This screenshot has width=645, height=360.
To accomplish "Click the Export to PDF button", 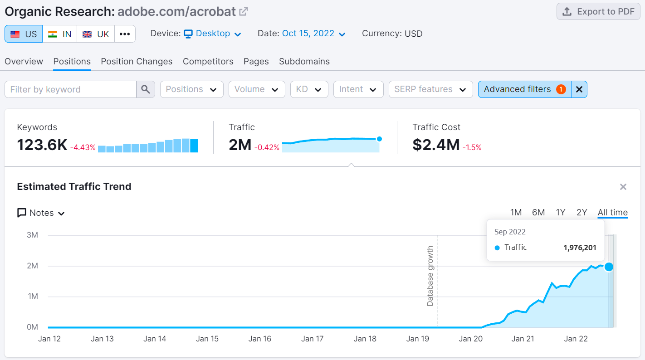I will coord(598,12).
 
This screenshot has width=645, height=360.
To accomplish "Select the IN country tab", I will coord(60,34).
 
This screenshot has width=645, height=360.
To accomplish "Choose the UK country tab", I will coord(96,34).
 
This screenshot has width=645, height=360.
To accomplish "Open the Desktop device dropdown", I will coord(212,34).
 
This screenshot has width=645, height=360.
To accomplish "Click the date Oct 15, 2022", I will coord(313,34).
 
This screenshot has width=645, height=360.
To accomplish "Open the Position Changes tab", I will coord(137,62).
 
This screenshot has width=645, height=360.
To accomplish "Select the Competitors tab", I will coord(208,62).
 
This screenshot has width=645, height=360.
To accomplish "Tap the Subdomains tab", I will coord(304,62).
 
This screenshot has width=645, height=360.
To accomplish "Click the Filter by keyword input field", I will coord(71,89).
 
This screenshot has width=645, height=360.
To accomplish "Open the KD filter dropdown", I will coord(309,89).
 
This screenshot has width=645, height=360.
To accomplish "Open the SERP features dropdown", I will coord(430,89).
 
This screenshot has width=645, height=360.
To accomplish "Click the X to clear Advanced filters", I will coord(579,89).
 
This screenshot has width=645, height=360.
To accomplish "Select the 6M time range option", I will coord(538,213).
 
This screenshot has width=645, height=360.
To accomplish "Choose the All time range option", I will coord(612,213).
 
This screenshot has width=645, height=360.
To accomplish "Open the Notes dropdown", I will coord(41,213).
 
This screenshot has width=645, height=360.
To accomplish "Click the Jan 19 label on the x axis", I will coord(418,339).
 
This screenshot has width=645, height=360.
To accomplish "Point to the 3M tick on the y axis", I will coord(32,235).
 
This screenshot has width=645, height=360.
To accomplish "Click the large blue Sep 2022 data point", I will coord(609,267).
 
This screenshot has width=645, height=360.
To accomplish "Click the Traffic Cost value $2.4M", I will coord(436,145).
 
